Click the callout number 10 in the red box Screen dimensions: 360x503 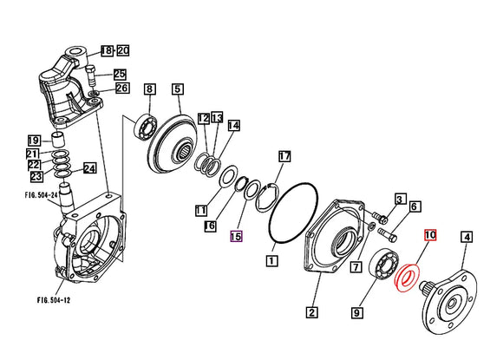tap(431, 235)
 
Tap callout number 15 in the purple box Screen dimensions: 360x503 tap(237, 235)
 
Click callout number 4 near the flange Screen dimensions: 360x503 tap(466, 235)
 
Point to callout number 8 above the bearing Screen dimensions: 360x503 tap(149, 88)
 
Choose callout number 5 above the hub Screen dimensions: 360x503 tap(177, 88)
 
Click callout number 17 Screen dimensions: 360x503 tap(284, 156)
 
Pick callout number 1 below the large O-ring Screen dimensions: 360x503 tap(271, 259)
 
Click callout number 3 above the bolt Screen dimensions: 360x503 tap(400, 200)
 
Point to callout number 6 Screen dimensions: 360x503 tap(415, 206)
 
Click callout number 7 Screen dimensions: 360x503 tap(356, 266)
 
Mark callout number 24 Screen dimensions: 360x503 tap(89, 168)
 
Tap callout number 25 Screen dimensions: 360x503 tap(120, 74)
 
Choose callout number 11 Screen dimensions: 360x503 tap(201, 210)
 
